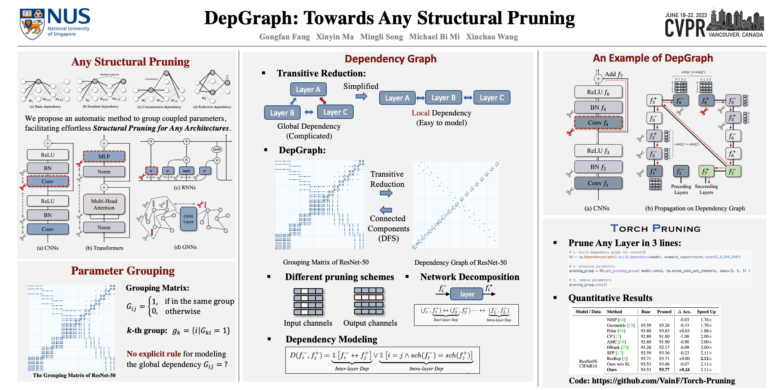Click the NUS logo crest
[x=32, y=24]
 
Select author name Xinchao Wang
[x=492, y=37]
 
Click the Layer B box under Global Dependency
[x=282, y=113]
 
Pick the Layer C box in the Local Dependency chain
[x=491, y=97]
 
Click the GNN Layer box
[x=188, y=219]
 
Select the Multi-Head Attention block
[x=104, y=204]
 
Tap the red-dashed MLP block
[x=104, y=156]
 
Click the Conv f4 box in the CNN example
[x=598, y=122]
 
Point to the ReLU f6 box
[x=598, y=92]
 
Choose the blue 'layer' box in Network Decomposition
[x=467, y=294]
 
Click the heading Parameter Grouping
[x=123, y=271]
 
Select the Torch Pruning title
[x=655, y=229]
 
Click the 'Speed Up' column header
[x=706, y=312]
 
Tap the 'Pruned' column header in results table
[x=664, y=312]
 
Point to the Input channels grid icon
[x=308, y=301]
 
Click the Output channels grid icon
[x=369, y=301]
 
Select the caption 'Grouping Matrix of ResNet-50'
[x=326, y=262]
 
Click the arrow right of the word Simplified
[x=361, y=96]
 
